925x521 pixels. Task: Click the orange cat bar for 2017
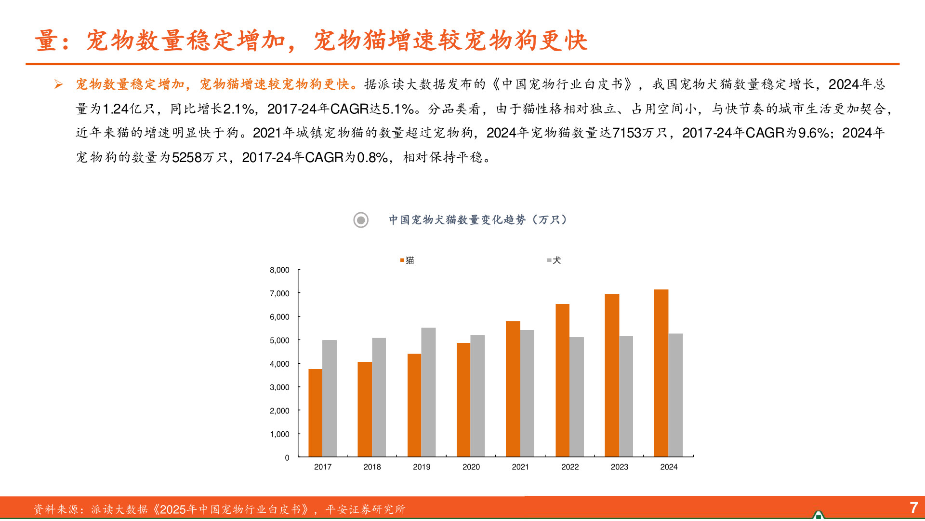coord(316,413)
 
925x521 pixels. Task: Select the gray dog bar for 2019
coord(428,392)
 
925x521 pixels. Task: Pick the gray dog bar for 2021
coord(527,393)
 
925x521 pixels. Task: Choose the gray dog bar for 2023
coord(626,396)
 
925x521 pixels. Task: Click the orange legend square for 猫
coord(402,260)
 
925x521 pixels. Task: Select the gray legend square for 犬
coord(549,260)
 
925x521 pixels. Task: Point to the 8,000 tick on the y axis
coord(279,270)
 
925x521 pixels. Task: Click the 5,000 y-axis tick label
coord(279,341)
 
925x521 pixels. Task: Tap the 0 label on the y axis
coord(287,458)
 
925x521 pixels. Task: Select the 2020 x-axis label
coord(471,467)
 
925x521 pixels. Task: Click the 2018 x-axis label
coord(372,467)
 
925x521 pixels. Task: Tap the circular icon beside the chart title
coord(361,220)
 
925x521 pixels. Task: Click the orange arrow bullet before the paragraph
coord(59,85)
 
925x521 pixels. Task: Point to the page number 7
coord(913,507)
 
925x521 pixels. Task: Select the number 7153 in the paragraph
coord(627,133)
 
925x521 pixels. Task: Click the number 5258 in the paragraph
coord(187,158)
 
